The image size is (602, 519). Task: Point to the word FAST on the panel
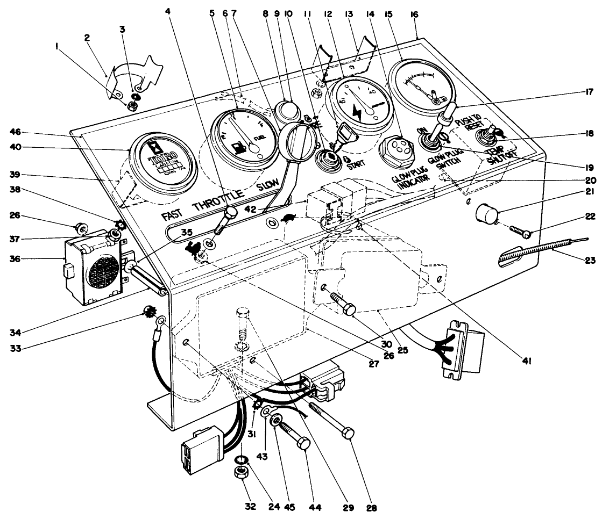tap(175, 215)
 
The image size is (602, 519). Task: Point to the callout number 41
tap(528, 362)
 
